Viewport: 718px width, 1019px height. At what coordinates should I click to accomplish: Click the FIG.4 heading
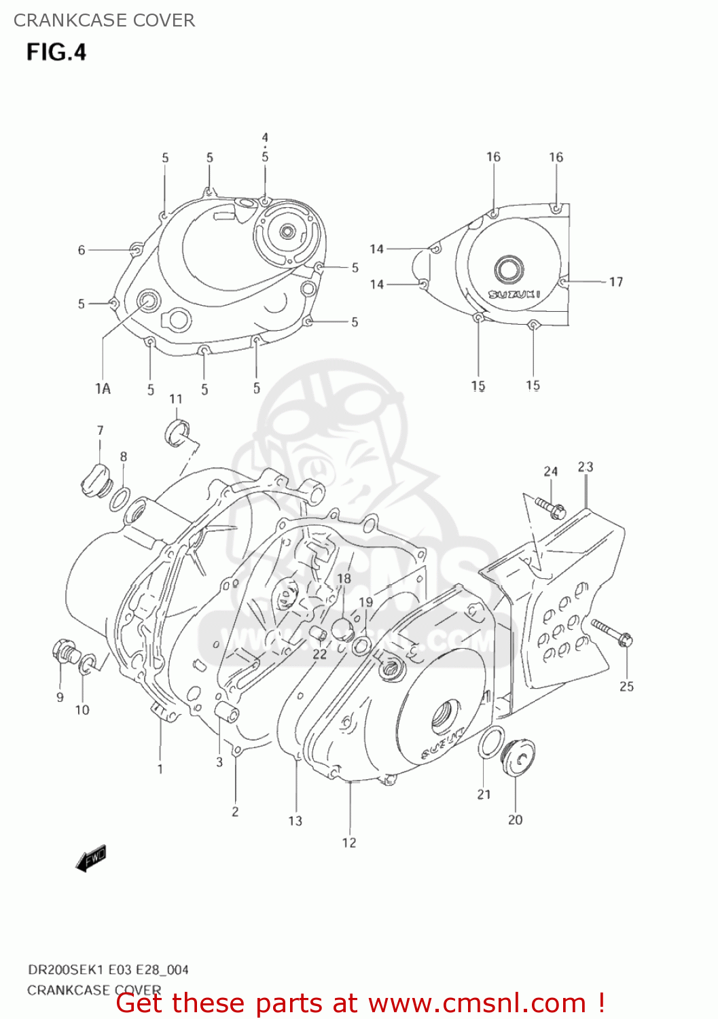coord(56,52)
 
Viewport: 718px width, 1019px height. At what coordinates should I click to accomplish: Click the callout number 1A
coord(103,389)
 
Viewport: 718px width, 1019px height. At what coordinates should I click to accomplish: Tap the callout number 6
coord(82,250)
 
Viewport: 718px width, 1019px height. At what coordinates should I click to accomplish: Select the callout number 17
coord(615,281)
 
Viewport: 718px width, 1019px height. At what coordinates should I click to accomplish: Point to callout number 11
coord(176,399)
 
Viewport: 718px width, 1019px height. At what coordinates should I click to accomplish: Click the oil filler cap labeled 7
coord(94,480)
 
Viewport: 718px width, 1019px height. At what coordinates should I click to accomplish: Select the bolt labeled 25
coord(613,632)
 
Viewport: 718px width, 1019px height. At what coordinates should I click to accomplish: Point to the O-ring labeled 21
coord(490,742)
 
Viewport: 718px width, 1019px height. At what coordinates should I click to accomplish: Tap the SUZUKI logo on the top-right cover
coord(514,294)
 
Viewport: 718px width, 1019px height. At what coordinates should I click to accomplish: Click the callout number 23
coord(585,467)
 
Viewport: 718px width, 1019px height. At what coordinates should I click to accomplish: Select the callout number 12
coord(348,842)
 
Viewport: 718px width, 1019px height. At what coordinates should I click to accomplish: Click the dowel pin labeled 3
coord(226,714)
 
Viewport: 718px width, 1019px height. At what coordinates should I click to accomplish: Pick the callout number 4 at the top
coord(265,138)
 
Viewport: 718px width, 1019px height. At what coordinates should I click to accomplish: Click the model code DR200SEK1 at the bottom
coord(67,969)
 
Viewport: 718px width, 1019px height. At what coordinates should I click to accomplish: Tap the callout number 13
coord(295,821)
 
